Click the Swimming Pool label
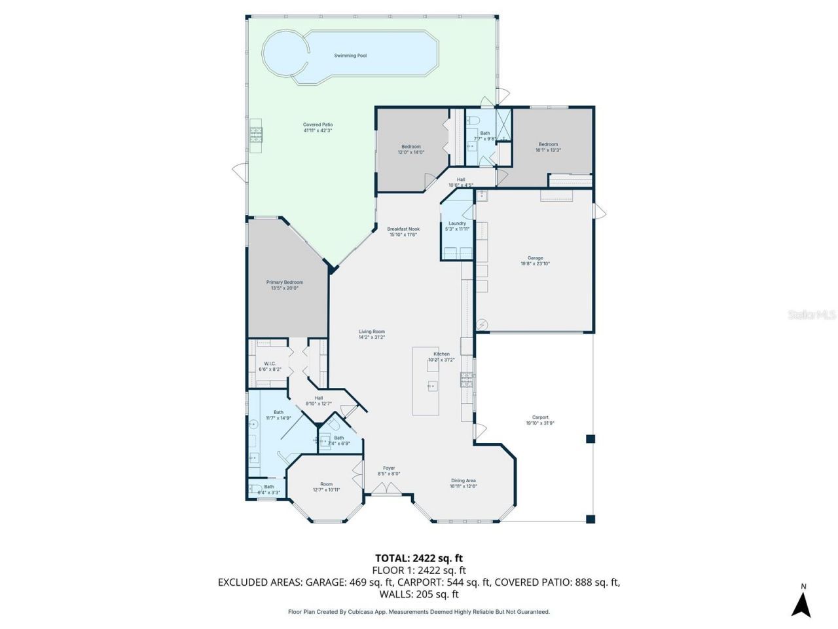[x=350, y=56]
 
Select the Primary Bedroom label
[x=284, y=285]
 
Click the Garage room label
[x=535, y=261]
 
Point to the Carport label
[x=540, y=420]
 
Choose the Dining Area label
[x=463, y=483]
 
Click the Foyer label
[x=389, y=470]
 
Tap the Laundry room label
[x=457, y=226]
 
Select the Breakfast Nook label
[x=403, y=231]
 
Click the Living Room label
[x=371, y=334]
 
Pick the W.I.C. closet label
[x=270, y=366]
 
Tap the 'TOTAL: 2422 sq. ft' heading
[x=419, y=558]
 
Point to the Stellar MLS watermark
[x=811, y=315]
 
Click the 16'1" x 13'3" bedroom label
[x=548, y=147]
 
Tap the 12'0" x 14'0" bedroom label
[x=411, y=149]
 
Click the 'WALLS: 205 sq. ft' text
[x=419, y=594]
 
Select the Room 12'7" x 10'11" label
[x=326, y=487]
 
